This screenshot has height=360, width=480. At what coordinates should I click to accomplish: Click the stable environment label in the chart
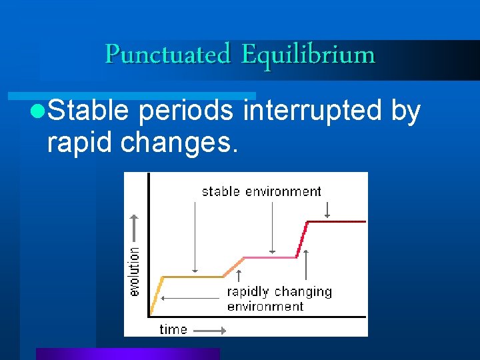coord(261,191)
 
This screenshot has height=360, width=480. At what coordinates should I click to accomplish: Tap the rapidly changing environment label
coord(279,299)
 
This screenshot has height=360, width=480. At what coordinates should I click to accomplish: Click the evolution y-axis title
coord(134,271)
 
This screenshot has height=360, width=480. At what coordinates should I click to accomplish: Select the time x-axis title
coord(173,329)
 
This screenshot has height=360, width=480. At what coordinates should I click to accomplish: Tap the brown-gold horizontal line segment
coord(193,276)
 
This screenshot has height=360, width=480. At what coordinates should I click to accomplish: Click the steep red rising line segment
coord(301,239)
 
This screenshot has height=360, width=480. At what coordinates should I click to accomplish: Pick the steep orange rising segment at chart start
coord(157,295)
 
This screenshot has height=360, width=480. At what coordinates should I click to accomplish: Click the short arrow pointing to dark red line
coord(327,210)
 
